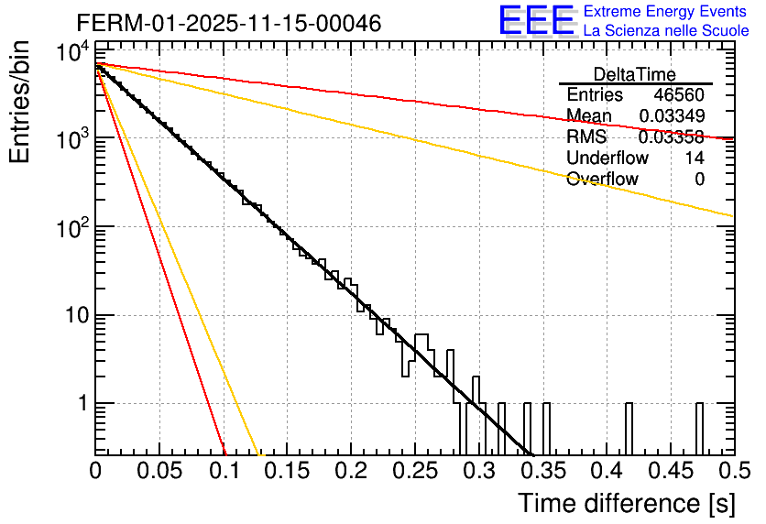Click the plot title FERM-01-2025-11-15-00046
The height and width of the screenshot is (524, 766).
click(x=229, y=21)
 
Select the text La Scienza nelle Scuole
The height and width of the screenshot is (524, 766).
click(x=666, y=30)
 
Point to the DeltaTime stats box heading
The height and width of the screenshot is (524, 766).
click(x=635, y=73)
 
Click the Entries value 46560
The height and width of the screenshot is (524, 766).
click(x=679, y=95)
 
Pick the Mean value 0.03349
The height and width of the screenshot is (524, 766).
click(x=671, y=115)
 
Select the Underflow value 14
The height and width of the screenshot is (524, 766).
click(x=695, y=158)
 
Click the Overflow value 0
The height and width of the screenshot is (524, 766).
click(x=699, y=180)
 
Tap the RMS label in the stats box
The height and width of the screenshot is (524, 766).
click(x=586, y=137)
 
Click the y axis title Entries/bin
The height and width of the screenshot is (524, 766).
click(x=20, y=102)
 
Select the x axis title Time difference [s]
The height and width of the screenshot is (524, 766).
click(x=626, y=503)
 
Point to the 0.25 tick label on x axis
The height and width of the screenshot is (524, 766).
click(x=415, y=472)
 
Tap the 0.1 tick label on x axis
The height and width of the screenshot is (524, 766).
click(x=224, y=472)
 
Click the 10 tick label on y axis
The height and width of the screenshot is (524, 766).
click(x=74, y=315)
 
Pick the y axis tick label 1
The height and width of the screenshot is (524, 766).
click(x=81, y=404)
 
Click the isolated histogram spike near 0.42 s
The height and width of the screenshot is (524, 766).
click(x=629, y=426)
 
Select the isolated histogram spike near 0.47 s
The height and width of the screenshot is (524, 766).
click(x=699, y=426)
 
